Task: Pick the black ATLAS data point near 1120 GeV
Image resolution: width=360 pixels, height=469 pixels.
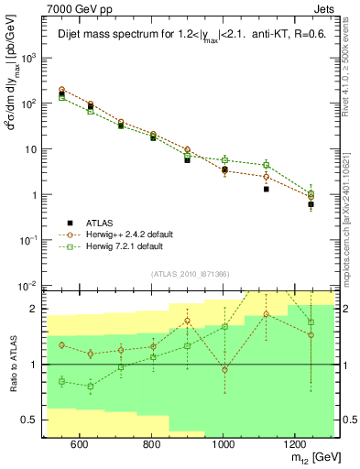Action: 266,189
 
